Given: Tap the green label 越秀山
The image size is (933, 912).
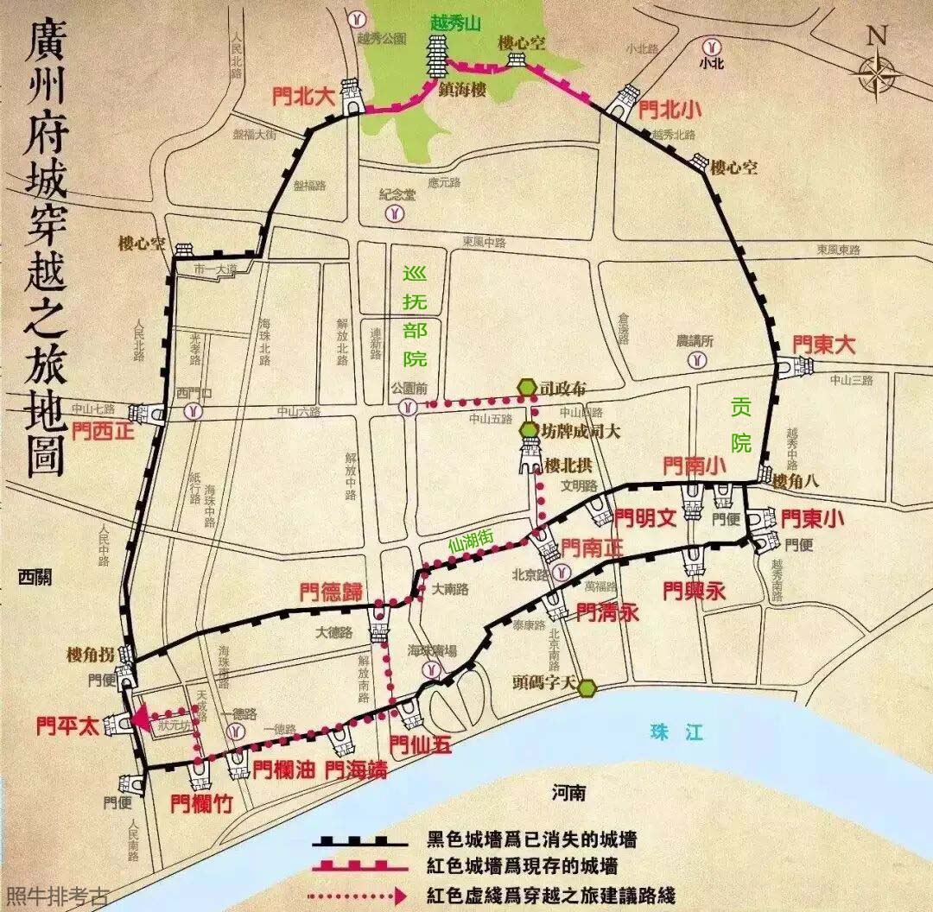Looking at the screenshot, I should click(x=455, y=24).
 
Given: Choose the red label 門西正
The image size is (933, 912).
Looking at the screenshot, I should click(x=103, y=429).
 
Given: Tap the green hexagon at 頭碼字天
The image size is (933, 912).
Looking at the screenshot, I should click(x=587, y=688).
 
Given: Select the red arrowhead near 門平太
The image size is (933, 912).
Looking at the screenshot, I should click(x=138, y=716).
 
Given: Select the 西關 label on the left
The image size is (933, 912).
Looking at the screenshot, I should click(x=35, y=577).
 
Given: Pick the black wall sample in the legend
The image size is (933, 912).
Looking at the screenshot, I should click(x=360, y=840).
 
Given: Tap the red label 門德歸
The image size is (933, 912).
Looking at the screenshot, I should click(x=330, y=592).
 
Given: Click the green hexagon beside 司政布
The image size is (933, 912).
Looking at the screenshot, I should click(x=527, y=389).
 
